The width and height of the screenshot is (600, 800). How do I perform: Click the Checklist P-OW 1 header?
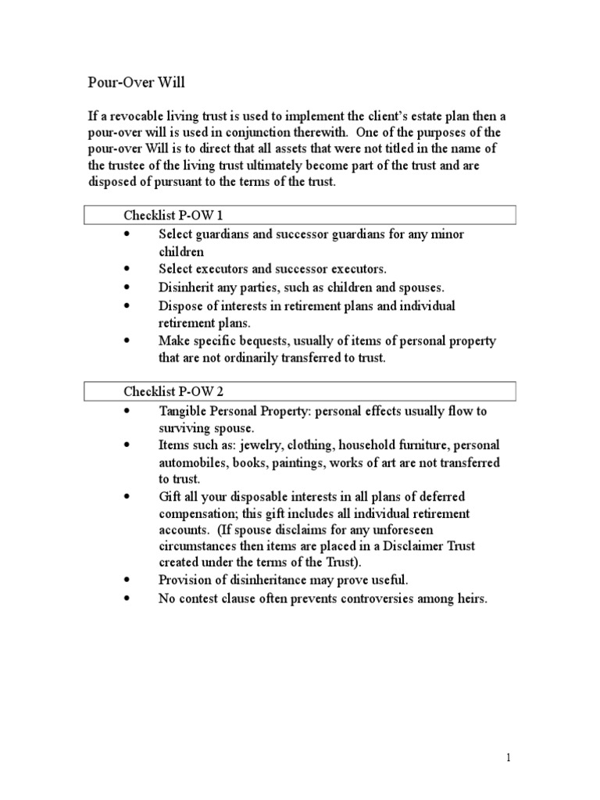(173, 215)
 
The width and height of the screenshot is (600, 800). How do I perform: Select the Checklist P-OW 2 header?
(173, 391)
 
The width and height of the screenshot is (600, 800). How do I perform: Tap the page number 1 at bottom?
(508, 757)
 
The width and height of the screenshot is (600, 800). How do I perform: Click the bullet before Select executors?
(127, 270)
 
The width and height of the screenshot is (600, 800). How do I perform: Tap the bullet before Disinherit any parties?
(127, 287)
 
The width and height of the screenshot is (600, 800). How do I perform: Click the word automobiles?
(193, 463)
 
